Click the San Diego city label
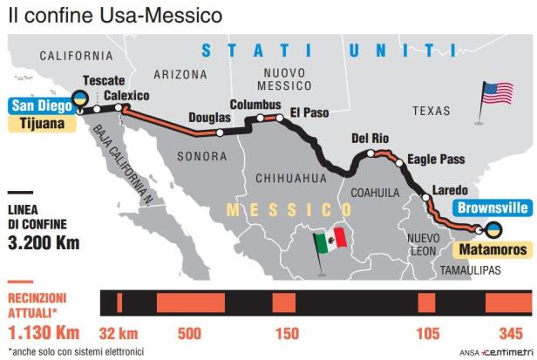coord(37,107)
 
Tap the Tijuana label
coord(39,125)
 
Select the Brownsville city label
coord(493,208)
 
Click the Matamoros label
coord(490,249)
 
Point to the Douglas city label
coord(209,119)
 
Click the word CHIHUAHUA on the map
coord(289,178)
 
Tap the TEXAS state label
coord(431,111)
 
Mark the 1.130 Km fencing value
coord(44,332)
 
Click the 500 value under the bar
coord(189,333)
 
